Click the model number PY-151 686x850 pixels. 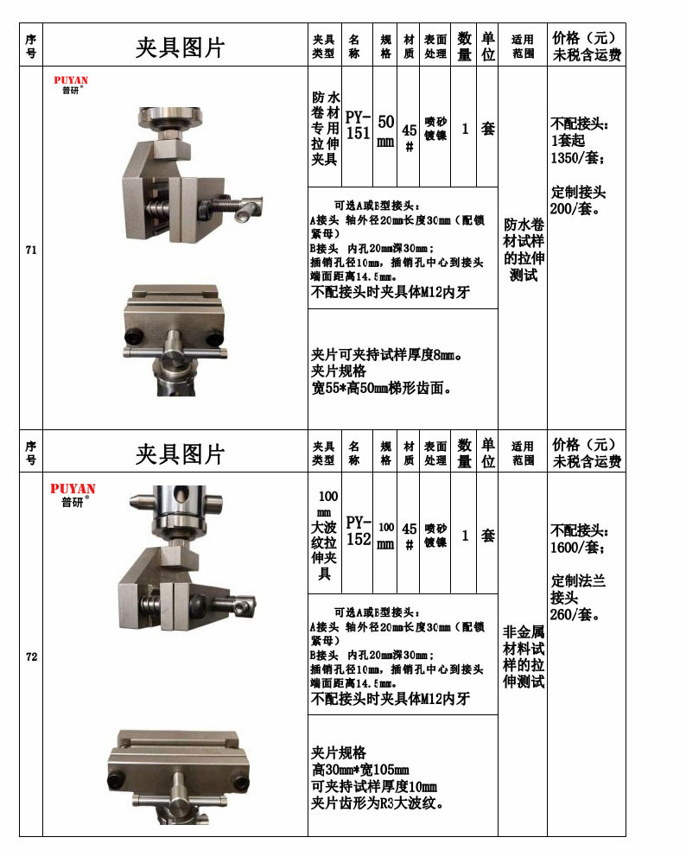pyautogui.click(x=358, y=125)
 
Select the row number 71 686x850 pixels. pyautogui.click(x=31, y=251)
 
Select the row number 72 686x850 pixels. pyautogui.click(x=31, y=657)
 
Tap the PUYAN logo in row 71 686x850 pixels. pyautogui.click(x=71, y=86)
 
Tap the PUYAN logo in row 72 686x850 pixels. pyautogui.click(x=73, y=493)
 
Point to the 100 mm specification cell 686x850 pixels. pyautogui.click(x=385, y=535)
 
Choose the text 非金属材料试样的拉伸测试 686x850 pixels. pyautogui.click(x=524, y=657)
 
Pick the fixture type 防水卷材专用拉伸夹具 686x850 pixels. pyautogui.click(x=325, y=129)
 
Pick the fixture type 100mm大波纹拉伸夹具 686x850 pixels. pyautogui.click(x=326, y=535)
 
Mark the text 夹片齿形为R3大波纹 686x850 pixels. pyautogui.click(x=378, y=803)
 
